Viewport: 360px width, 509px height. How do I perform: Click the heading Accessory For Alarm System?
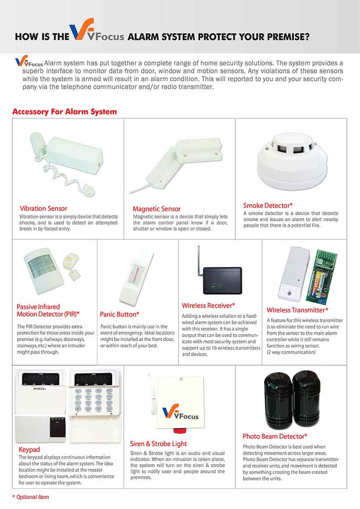point(65,112)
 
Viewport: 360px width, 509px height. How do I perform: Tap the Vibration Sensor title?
point(43,208)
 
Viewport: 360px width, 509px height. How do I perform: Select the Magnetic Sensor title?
point(156,209)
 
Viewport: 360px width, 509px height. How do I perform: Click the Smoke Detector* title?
point(268,205)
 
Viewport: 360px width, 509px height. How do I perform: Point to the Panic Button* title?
point(119,314)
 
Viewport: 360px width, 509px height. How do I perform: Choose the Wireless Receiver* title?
point(209,305)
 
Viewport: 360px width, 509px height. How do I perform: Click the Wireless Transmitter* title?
point(297,310)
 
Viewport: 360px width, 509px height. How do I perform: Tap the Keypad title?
point(29,450)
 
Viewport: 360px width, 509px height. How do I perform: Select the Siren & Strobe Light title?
point(158,444)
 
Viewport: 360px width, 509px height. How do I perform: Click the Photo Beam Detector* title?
point(275,436)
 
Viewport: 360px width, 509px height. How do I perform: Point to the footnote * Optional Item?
point(31,497)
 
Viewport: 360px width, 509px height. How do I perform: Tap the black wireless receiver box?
point(222,281)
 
